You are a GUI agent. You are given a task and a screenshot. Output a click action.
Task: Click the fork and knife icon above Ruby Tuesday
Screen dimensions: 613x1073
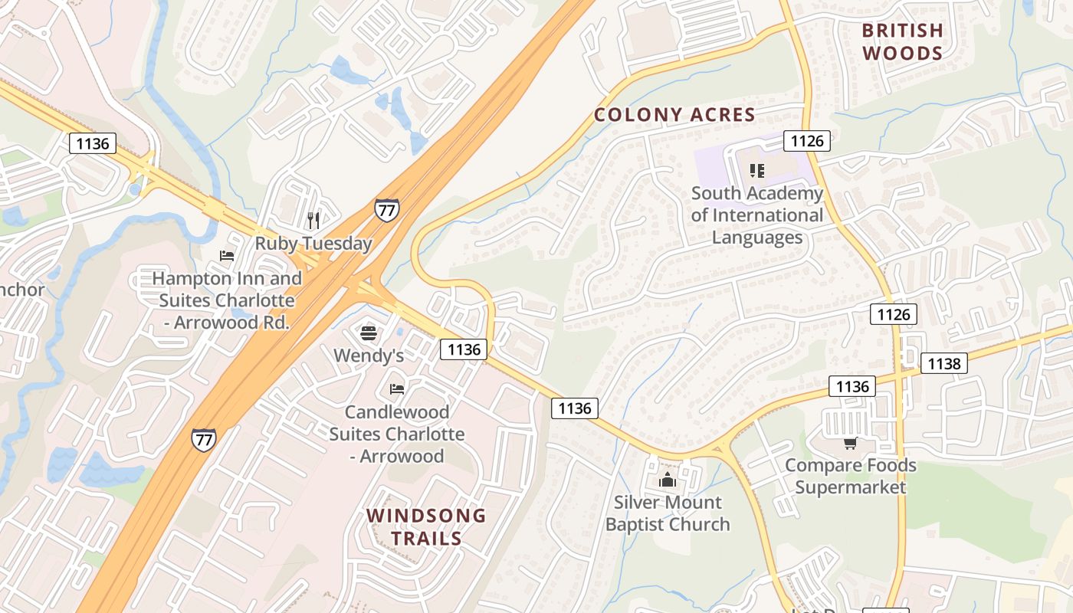pyautogui.click(x=313, y=221)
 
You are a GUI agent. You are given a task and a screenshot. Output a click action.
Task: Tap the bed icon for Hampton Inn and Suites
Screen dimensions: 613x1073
pyautogui.click(x=226, y=256)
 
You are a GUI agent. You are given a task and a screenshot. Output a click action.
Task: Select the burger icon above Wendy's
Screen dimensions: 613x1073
pyautogui.click(x=369, y=333)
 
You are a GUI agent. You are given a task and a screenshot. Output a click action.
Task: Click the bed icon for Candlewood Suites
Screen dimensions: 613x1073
pyautogui.click(x=396, y=389)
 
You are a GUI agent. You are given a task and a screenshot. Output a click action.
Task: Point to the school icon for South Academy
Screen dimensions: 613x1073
pyautogui.click(x=757, y=170)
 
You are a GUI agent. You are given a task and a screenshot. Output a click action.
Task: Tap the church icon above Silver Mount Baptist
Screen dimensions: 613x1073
pyautogui.click(x=668, y=480)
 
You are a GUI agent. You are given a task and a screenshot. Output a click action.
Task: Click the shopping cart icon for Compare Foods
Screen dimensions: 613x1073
pyautogui.click(x=850, y=444)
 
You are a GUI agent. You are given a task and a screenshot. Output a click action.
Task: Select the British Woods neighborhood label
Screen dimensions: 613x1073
pyautogui.click(x=902, y=41)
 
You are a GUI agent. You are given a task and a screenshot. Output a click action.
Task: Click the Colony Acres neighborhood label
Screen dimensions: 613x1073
pyautogui.click(x=674, y=115)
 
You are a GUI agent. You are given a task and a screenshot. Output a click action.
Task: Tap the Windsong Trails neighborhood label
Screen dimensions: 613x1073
pyautogui.click(x=426, y=526)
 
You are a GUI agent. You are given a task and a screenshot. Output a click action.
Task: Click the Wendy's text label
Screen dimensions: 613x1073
pyautogui.click(x=369, y=356)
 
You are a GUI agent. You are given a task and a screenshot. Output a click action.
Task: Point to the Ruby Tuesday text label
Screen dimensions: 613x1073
pyautogui.click(x=313, y=244)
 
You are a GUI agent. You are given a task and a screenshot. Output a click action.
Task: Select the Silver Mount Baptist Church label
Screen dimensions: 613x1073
pyautogui.click(x=668, y=513)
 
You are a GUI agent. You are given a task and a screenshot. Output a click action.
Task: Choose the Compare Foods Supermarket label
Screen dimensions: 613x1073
pyautogui.click(x=850, y=476)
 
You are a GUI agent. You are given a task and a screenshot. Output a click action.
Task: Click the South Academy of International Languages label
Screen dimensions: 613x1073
pyautogui.click(x=757, y=215)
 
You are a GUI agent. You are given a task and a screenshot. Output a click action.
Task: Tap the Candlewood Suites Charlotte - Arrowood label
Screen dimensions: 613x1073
pyautogui.click(x=396, y=434)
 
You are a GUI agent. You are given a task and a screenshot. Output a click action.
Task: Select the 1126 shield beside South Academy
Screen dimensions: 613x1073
pyautogui.click(x=807, y=140)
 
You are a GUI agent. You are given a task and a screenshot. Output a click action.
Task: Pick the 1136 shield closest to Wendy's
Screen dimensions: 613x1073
pyautogui.click(x=464, y=349)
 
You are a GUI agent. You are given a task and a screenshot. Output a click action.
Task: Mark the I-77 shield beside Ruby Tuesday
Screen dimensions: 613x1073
pyautogui.click(x=386, y=209)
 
